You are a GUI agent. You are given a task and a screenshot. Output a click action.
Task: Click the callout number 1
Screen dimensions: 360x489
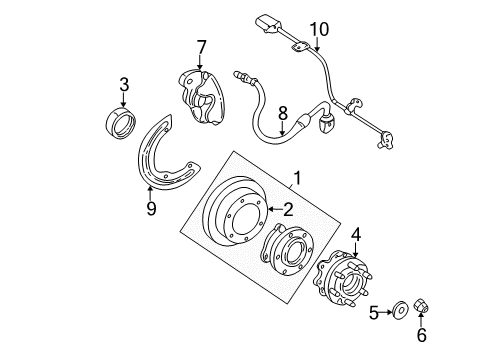(296, 181)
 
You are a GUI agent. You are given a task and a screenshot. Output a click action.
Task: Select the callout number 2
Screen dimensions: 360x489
(288, 209)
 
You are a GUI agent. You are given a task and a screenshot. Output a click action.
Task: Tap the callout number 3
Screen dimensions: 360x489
(123, 87)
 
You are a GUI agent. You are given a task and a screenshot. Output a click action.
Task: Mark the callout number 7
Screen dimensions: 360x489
(200, 46)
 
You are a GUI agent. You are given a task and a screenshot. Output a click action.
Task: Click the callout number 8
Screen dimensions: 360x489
(282, 114)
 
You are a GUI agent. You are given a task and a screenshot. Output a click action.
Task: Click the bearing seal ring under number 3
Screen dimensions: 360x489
(123, 125)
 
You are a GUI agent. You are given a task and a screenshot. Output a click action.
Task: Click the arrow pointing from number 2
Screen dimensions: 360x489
(271, 209)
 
